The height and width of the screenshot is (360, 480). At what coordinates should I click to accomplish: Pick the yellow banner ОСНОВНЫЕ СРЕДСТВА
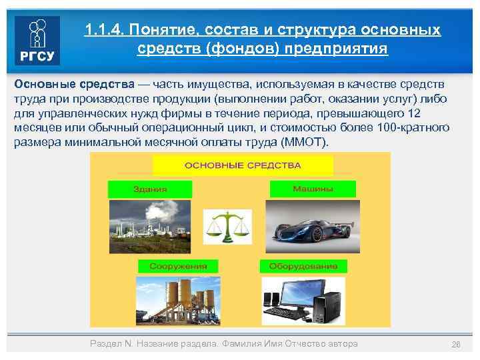(242, 165)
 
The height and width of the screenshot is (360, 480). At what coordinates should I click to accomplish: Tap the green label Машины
(312, 189)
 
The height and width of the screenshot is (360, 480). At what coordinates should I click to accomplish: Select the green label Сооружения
(169, 266)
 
